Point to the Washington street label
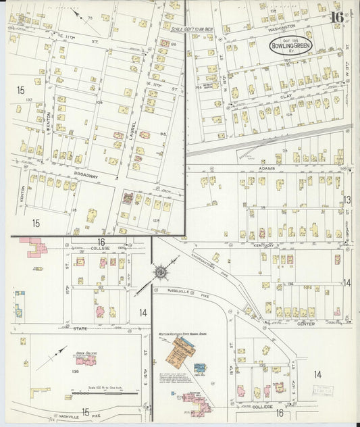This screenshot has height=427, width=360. click(x=282, y=26)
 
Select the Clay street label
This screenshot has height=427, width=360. click(x=286, y=97)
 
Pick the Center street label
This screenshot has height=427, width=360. click(x=305, y=324)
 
